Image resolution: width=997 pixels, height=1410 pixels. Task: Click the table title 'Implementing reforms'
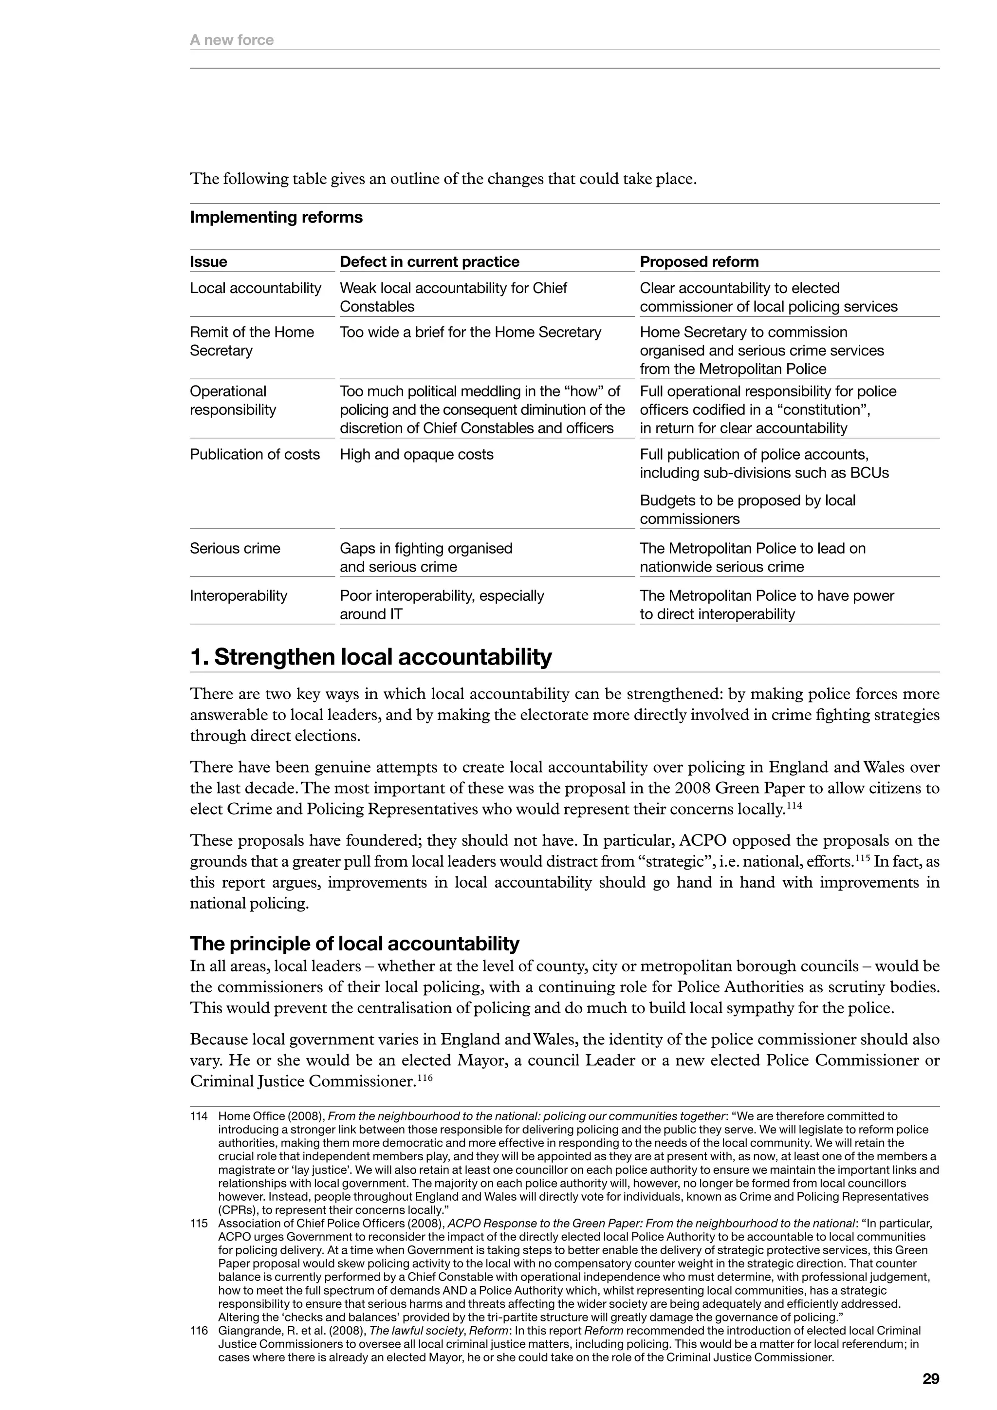tap(276, 218)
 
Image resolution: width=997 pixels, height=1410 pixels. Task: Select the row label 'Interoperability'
tap(238, 595)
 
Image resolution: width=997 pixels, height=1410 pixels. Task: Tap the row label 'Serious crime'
tap(235, 548)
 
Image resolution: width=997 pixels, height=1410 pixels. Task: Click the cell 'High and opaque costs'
tap(416, 454)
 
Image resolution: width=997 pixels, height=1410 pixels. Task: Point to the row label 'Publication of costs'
tap(255, 454)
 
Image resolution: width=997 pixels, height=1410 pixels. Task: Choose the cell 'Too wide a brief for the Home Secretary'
tap(470, 332)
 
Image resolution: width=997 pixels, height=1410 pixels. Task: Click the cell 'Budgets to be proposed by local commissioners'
tap(747, 510)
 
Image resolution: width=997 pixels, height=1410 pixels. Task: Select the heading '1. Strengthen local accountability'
tap(371, 657)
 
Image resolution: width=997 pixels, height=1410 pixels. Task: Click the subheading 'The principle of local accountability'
tap(354, 943)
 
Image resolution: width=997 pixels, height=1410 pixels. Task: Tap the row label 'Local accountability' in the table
tap(256, 288)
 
